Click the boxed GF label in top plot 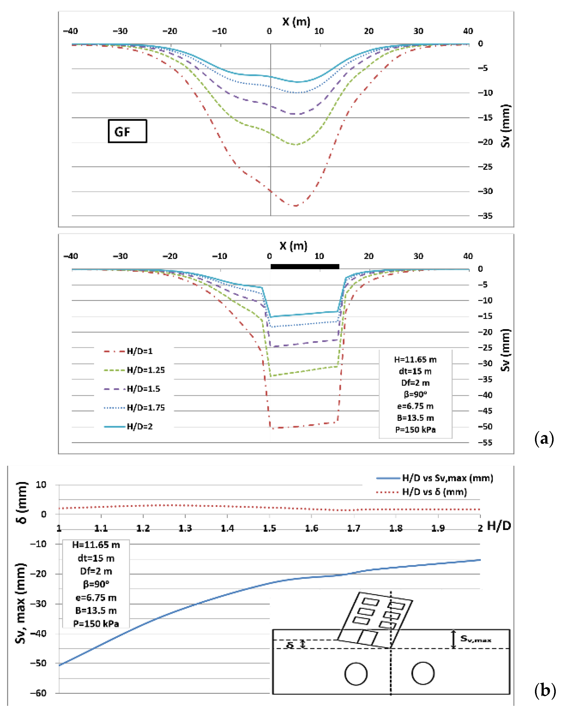[x=127, y=131]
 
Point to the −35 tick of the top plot [x=485, y=216]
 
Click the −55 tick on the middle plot [x=485, y=443]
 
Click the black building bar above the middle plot [x=305, y=267]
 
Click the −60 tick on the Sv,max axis [x=38, y=693]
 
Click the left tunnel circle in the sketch [x=356, y=674]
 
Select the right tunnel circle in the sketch [x=423, y=673]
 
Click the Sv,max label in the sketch [x=476, y=639]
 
